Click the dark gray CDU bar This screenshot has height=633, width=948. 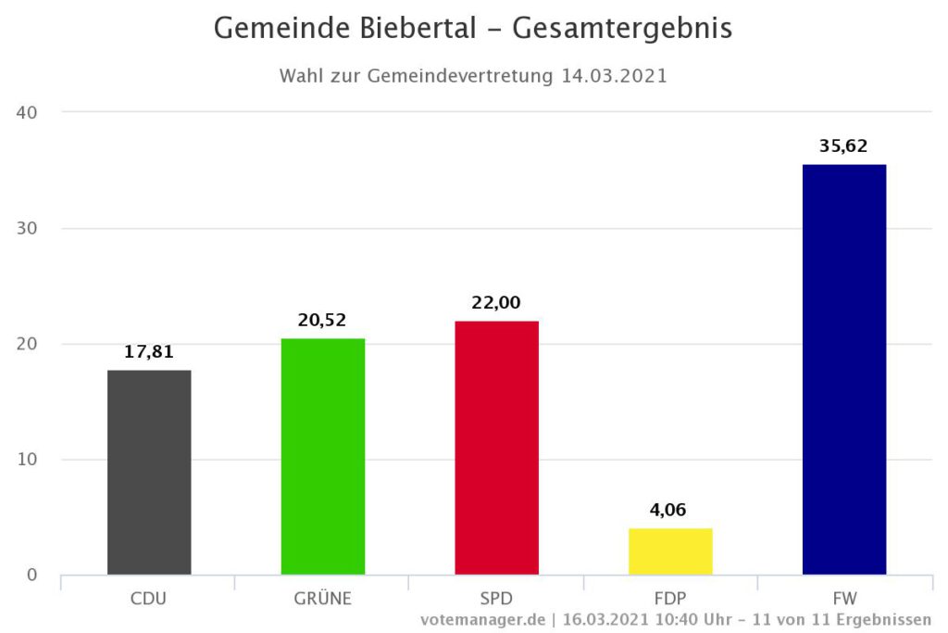[149, 473]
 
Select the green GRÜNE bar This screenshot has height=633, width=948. [323, 456]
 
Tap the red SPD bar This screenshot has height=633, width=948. [497, 448]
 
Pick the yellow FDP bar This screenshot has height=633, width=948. [671, 551]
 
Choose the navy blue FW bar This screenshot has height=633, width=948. [844, 369]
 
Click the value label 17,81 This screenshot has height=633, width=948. [149, 352]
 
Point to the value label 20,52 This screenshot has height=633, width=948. [323, 320]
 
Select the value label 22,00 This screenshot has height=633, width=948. [497, 303]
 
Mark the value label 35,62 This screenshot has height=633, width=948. [844, 146]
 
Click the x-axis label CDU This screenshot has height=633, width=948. [148, 598]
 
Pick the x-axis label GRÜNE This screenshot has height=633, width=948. [323, 598]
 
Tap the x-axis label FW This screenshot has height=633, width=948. [844, 598]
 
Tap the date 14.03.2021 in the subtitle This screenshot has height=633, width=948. [614, 77]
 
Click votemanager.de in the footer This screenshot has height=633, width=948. [481, 619]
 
